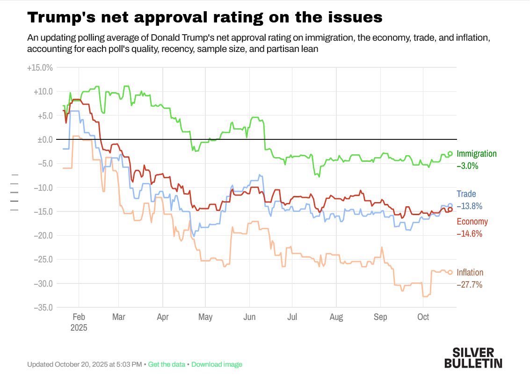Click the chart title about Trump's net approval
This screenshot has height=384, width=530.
click(205, 18)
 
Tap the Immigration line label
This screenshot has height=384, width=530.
click(477, 154)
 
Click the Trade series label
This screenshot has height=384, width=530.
click(466, 194)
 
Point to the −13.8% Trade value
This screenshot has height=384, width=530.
click(469, 206)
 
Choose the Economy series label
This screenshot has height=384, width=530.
click(472, 222)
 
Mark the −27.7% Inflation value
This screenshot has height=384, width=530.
click(469, 284)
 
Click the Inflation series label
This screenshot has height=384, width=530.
click(470, 273)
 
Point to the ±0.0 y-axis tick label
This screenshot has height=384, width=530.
click(43, 139)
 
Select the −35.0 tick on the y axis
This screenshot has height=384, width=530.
click(42, 307)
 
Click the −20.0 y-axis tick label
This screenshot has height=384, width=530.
click(42, 235)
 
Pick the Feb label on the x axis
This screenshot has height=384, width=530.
click(79, 317)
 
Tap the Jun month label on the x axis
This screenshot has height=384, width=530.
click(249, 317)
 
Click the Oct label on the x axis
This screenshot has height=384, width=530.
click(423, 317)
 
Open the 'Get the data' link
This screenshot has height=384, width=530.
click(167, 364)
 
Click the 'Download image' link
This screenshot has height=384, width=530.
click(217, 364)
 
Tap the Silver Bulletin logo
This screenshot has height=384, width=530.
click(473, 358)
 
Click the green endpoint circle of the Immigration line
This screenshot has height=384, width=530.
click(450, 153)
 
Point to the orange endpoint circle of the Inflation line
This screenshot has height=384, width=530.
click(450, 272)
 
